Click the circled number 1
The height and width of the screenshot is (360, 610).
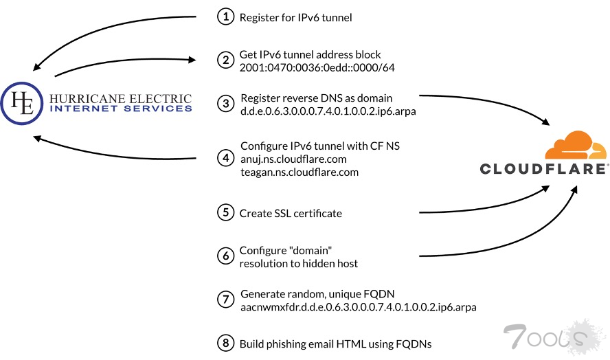[x=225, y=17]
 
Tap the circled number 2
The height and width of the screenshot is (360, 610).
[x=225, y=60]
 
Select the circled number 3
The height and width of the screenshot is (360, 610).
[x=225, y=103]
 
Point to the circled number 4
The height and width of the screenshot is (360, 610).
[x=225, y=157]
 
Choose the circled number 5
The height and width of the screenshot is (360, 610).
[x=225, y=213]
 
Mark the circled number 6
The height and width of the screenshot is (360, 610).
[x=225, y=256]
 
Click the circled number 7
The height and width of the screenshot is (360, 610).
[x=225, y=299]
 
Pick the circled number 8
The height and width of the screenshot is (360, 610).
[x=225, y=344]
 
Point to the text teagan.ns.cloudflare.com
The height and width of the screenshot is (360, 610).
[x=299, y=172]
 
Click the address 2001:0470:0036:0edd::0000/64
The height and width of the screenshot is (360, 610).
[x=317, y=67]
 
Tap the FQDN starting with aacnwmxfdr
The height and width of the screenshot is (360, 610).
[x=358, y=306]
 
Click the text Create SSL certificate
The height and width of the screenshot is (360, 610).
[x=291, y=214]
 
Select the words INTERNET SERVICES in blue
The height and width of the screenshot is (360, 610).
[x=121, y=109]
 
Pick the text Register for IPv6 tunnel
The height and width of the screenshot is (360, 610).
[x=295, y=17]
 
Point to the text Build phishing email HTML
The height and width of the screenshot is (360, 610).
[x=310, y=344]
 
